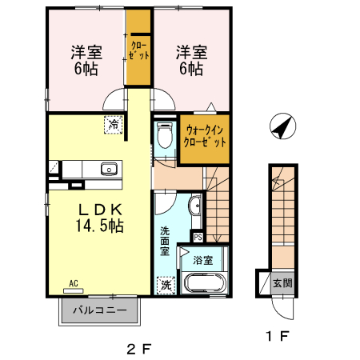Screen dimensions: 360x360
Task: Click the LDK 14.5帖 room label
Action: click(x=100, y=218)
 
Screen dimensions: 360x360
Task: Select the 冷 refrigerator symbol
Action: click(x=114, y=125)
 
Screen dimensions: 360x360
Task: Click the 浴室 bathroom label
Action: click(x=202, y=260)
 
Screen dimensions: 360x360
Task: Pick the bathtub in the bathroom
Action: click(x=206, y=282)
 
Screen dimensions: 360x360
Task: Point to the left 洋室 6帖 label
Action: click(x=86, y=60)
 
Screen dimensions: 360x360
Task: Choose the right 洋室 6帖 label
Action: click(x=191, y=60)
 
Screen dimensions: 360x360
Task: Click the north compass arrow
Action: click(x=282, y=126)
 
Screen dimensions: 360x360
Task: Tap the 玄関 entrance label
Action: click(x=282, y=282)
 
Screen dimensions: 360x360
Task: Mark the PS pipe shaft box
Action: click(x=198, y=237)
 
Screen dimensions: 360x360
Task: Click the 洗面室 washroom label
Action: click(x=165, y=241)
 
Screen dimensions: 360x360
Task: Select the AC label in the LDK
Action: click(x=73, y=283)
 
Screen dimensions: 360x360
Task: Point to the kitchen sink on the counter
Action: click(x=108, y=168)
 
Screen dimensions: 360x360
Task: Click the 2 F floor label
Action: click(x=138, y=348)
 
